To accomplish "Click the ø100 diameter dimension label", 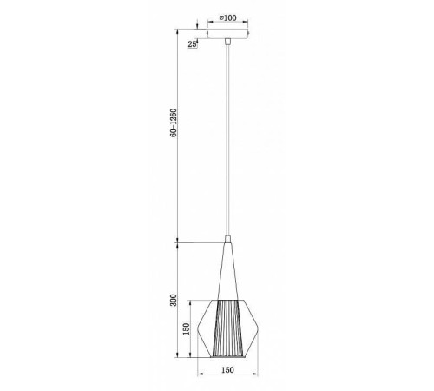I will pos(228,17).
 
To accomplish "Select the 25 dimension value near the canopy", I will pos(190,43).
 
